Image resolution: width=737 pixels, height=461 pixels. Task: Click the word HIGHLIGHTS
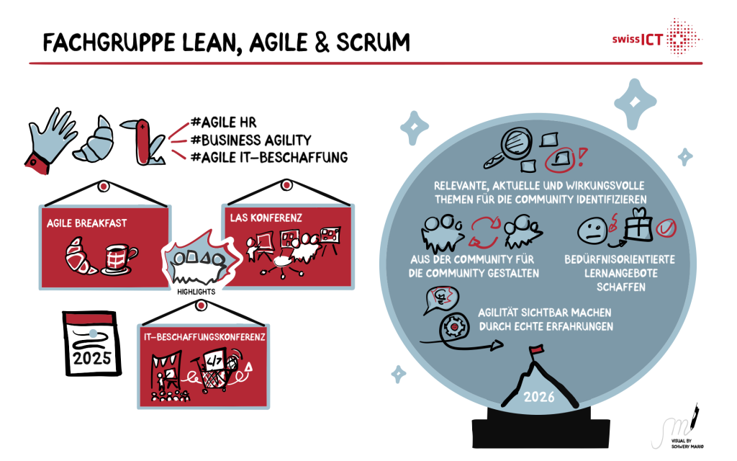pos(197,292)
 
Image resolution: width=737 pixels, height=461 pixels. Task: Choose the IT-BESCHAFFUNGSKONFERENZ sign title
pos(202,336)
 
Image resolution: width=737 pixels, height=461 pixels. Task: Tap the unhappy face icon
pos(592,230)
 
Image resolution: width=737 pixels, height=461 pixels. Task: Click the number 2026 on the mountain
pos(540,397)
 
